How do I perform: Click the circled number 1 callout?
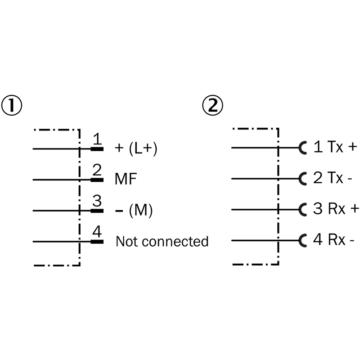[12, 106]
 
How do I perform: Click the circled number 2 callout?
[212, 106]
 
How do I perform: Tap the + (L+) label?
[136, 149]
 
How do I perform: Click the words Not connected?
[162, 242]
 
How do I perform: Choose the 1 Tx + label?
[335, 147]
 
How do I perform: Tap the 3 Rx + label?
[336, 209]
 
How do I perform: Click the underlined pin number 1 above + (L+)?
[96, 139]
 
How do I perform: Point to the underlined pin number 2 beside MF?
[96, 170]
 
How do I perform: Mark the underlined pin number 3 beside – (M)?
[96, 201]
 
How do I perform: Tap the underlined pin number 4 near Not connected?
[97, 232]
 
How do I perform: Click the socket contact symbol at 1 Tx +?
[302, 147]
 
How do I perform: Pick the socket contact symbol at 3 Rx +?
[302, 209]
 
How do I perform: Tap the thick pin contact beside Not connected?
[97, 242]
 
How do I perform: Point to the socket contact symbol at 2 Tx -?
[302, 178]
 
